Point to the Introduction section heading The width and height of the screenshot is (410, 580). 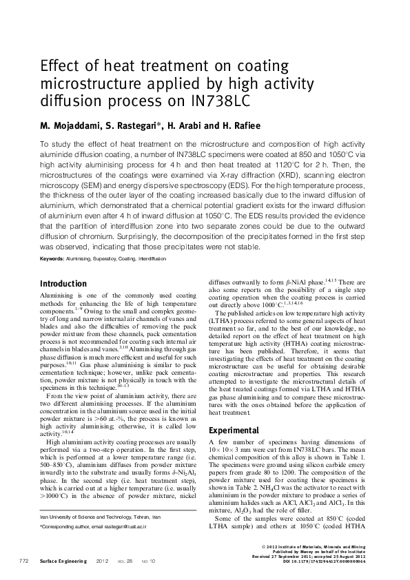tap(63, 283)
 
